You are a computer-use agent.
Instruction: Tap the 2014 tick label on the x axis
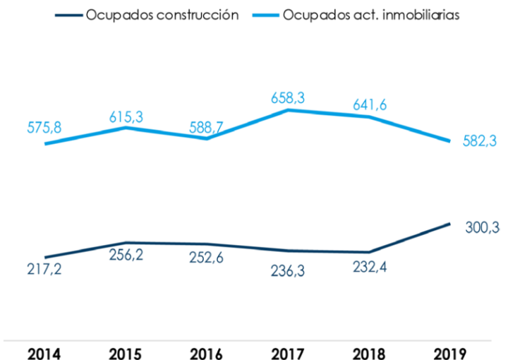click(44, 351)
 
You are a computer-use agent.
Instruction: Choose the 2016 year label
click(206, 351)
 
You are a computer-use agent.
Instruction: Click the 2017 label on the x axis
click(287, 351)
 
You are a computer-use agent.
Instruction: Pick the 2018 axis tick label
click(368, 351)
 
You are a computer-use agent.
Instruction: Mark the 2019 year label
click(449, 351)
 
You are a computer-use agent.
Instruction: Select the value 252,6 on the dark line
click(206, 259)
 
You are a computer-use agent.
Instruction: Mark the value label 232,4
click(368, 268)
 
